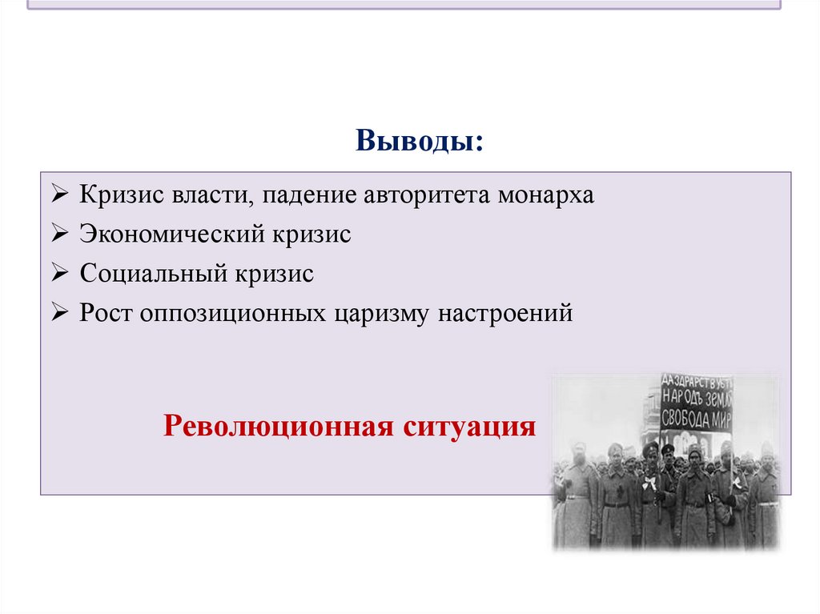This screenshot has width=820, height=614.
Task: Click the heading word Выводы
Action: pos(420,142)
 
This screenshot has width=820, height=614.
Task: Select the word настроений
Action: pos(505,313)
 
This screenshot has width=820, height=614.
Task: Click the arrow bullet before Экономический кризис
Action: pos(61,235)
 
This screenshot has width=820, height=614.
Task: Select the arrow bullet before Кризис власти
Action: pos(61,196)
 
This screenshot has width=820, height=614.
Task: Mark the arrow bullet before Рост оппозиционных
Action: pos(61,313)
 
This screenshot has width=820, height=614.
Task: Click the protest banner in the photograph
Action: pos(696,402)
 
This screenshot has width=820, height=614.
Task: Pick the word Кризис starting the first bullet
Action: pos(117,196)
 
